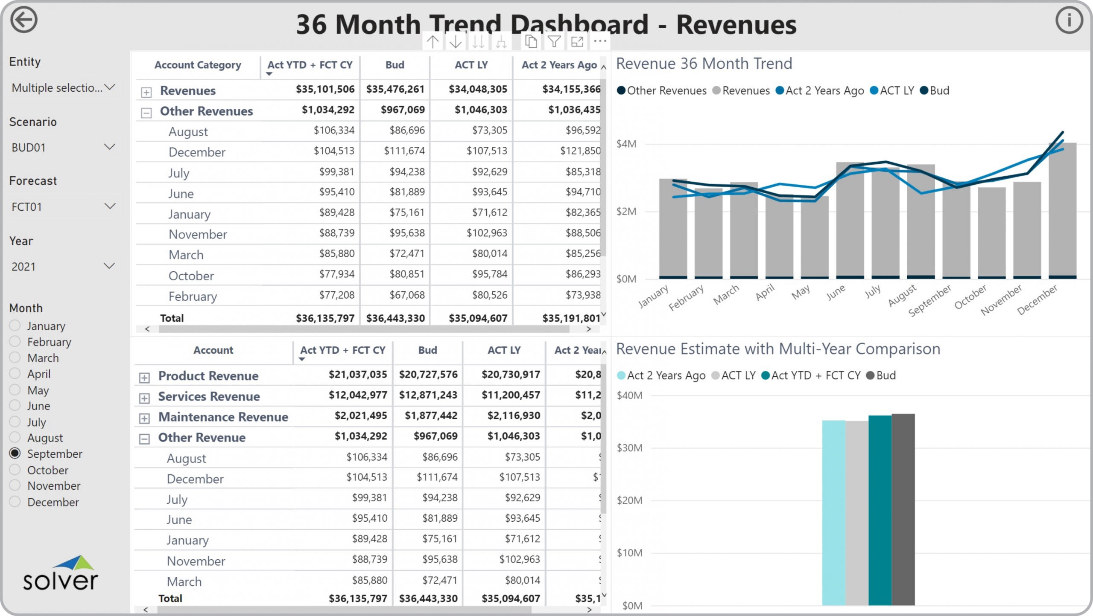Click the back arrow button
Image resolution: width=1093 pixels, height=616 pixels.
24,20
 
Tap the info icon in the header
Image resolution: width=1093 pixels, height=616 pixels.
1069,20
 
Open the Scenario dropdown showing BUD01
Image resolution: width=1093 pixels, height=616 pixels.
63,148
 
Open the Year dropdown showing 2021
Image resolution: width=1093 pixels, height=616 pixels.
63,267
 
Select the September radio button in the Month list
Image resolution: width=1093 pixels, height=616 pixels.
15,453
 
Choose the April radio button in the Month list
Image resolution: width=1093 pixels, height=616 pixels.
15,374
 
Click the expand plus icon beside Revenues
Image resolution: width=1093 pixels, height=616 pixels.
146,92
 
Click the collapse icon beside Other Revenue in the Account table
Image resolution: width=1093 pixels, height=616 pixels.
145,439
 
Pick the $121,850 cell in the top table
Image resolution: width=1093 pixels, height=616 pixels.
580,151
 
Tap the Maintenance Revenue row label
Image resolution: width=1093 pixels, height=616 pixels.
223,417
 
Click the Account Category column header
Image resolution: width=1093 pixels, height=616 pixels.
198,65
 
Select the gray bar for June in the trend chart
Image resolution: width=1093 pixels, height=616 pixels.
850,222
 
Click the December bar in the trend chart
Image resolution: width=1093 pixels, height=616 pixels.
1062,213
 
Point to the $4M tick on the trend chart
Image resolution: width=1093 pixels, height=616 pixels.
626,144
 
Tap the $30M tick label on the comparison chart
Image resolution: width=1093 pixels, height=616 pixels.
629,448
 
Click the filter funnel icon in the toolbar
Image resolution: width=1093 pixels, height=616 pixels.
554,42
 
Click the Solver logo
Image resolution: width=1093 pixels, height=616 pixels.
61,574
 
